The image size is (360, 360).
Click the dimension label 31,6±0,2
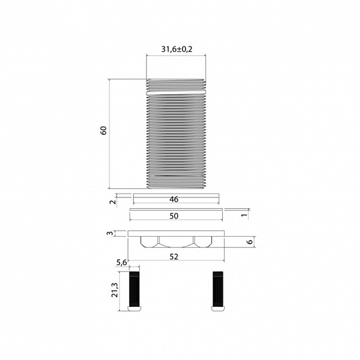tap(176, 49)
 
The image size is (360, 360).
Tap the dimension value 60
tap(103, 131)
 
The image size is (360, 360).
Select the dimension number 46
tap(174, 200)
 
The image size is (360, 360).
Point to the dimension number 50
tap(174, 216)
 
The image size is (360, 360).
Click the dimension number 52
tap(174, 257)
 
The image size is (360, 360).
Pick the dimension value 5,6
tap(121, 263)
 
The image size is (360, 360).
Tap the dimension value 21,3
tap(115, 290)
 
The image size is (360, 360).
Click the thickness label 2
tap(113, 202)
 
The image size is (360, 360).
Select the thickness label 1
tap(245, 215)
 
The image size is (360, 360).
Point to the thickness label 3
tap(110, 233)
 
